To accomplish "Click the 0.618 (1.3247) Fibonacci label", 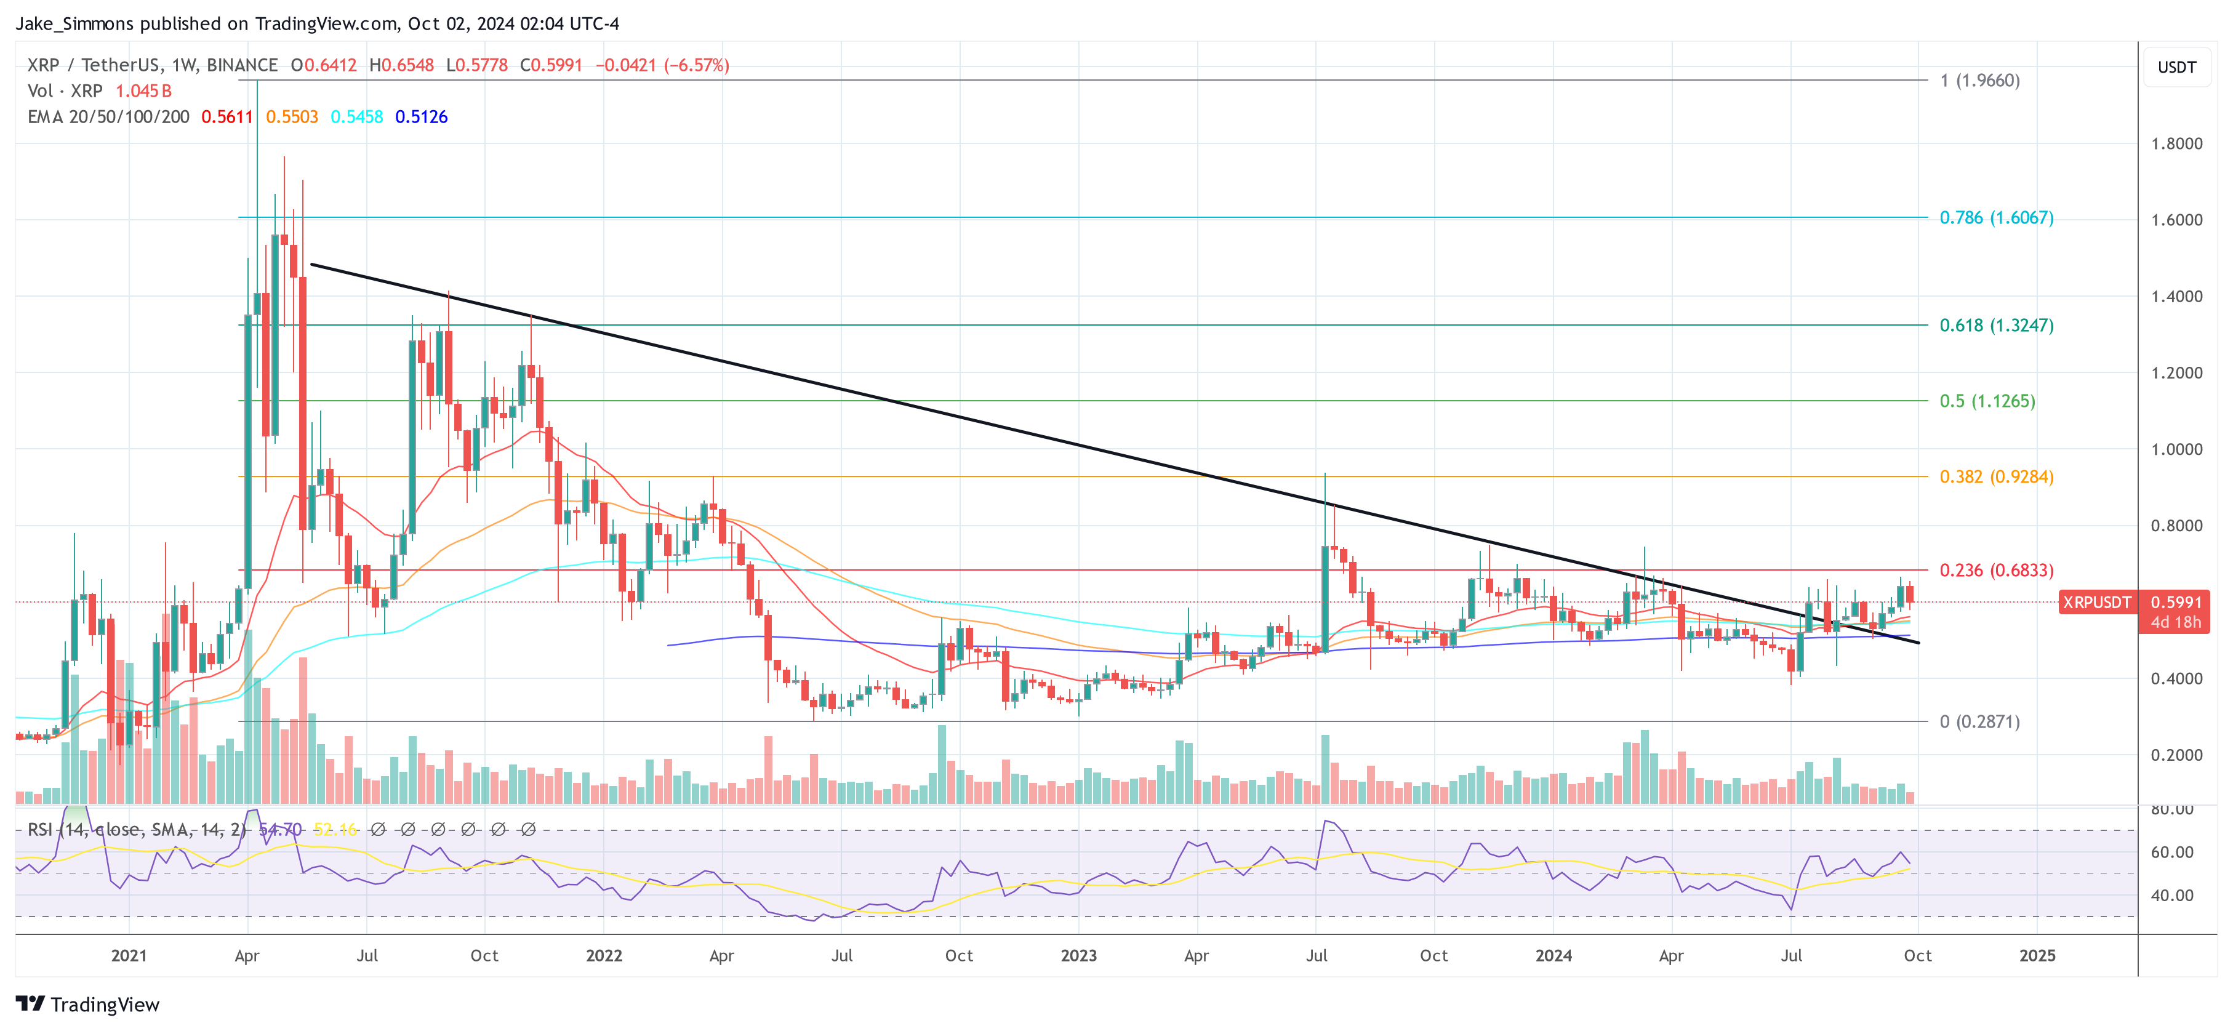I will [1995, 325].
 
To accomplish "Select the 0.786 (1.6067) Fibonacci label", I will [1995, 218].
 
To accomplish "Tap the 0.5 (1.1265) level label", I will [1987, 401].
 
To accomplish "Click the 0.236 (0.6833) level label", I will [1995, 570].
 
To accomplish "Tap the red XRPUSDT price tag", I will [2096, 602].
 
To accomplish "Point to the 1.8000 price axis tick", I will [2176, 144].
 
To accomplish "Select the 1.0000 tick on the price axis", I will [2176, 449].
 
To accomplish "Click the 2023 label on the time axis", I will [1078, 955].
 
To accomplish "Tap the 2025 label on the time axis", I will [2036, 955].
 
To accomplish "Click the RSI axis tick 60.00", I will [2171, 852].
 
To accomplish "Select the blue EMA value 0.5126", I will [421, 117].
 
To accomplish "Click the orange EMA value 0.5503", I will [292, 117].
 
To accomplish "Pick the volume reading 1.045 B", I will [144, 91].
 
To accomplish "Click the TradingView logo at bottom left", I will [87, 1004].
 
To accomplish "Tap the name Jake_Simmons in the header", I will [74, 23].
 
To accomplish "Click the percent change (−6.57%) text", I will [696, 65].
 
